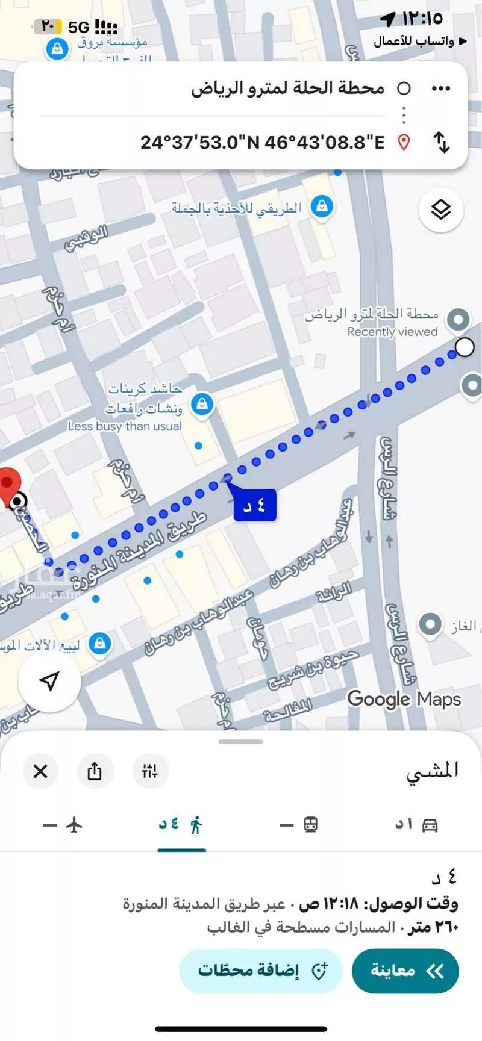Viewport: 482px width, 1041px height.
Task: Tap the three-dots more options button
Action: coord(441,89)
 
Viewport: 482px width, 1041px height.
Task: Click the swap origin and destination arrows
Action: coord(442,143)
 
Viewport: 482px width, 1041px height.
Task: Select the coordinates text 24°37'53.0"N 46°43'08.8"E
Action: coord(262,143)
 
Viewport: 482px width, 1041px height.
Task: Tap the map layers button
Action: coord(441,210)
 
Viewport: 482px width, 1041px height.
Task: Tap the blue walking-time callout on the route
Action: coord(255,505)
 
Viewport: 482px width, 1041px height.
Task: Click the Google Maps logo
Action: coord(404,700)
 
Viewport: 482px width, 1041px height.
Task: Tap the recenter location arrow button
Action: coord(49,681)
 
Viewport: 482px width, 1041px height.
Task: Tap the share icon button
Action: coord(95,771)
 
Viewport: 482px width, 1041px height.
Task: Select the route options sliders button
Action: coord(149,771)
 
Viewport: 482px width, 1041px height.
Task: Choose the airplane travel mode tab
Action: coord(64,825)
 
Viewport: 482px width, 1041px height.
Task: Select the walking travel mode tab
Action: coord(181,825)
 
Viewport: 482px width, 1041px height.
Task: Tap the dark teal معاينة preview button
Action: coord(405,971)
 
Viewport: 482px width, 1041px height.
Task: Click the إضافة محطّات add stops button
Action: coord(261,971)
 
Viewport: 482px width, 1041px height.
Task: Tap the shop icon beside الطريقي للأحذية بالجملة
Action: coord(322,207)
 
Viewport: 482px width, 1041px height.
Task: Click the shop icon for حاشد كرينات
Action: coord(202,404)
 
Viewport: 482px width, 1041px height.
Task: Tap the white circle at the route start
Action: coord(465,347)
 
